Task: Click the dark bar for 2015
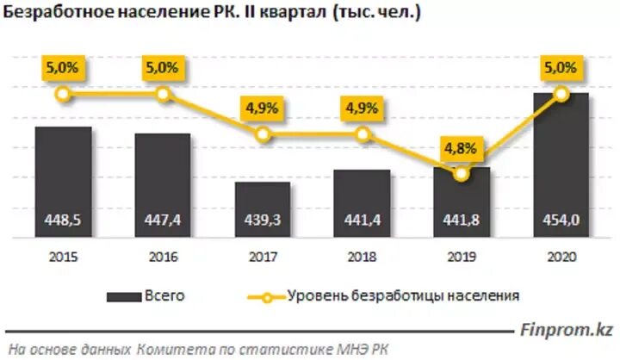(x=63, y=172)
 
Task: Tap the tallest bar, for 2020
(x=561, y=164)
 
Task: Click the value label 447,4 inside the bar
(x=163, y=221)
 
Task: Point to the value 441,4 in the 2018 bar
(x=363, y=221)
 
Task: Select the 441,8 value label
(x=462, y=221)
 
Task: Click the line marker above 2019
(x=462, y=174)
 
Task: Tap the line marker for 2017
(x=263, y=134)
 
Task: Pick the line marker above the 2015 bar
(x=63, y=95)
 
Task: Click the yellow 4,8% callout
(x=462, y=147)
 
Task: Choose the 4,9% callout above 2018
(x=363, y=108)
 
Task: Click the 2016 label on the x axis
(x=163, y=257)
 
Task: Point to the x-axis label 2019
(x=462, y=257)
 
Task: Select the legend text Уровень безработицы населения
(x=402, y=295)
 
